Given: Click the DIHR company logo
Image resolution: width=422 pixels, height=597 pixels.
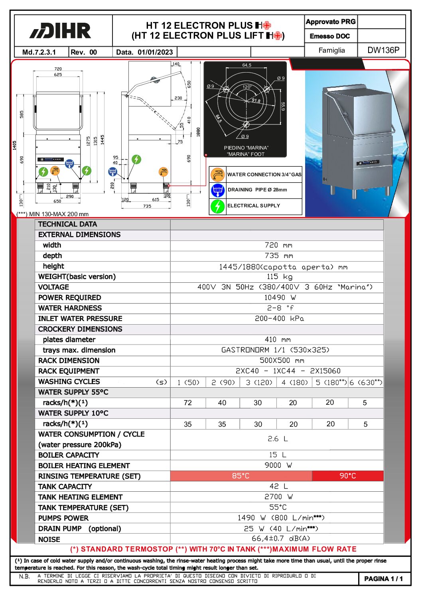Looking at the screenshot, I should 61,31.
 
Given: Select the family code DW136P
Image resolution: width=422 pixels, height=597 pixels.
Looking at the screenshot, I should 383,50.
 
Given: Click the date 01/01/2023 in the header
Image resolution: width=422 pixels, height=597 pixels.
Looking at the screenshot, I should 155,52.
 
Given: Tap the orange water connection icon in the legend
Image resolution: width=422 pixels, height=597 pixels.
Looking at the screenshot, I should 217,174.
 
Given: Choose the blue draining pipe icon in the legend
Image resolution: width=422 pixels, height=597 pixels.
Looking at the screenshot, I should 217,190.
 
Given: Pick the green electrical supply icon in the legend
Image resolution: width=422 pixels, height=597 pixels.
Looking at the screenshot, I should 217,206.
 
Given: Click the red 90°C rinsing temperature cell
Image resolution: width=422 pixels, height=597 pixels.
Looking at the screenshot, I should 347,476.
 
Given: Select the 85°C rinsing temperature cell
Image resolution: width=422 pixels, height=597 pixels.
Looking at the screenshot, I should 241,476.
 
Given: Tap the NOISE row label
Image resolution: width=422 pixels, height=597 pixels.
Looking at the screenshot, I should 49,539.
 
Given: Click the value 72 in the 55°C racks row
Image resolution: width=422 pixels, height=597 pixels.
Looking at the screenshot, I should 188,403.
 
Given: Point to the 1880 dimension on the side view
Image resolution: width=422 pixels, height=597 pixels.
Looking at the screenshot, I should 198,132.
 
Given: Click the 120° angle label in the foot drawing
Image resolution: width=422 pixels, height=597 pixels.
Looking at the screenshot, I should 247,87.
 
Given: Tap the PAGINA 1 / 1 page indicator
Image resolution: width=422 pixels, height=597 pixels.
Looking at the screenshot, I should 383,579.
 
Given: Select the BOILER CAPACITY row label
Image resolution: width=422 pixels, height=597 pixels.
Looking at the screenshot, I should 69,455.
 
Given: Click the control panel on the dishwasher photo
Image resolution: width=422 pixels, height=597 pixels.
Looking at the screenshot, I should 367,162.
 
